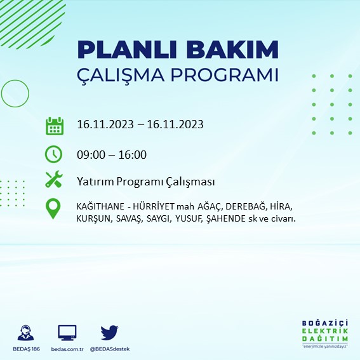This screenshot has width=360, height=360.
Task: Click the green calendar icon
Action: coord(54,125)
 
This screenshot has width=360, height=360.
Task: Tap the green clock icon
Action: coord(54,154)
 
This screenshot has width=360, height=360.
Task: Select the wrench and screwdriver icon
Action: coord(54,180)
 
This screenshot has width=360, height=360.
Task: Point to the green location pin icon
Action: coord(54,209)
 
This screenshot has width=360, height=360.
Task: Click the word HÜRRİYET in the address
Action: coord(160,207)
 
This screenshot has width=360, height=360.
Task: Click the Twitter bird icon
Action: coord(110,333)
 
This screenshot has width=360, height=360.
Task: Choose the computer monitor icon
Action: coord(67,333)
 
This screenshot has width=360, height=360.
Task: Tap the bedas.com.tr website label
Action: coord(67,350)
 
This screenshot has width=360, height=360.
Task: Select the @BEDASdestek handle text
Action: coord(110,350)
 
